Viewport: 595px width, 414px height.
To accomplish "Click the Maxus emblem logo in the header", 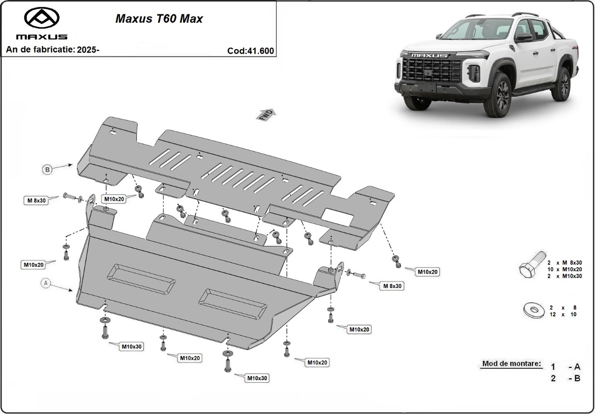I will pos(42,18).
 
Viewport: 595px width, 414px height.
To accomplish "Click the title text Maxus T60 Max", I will pos(159,19).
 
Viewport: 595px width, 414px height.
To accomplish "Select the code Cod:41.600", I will pos(250,50).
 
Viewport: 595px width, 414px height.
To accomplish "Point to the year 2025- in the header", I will pos(88,50).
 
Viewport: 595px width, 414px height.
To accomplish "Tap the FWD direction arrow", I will pos(266,114).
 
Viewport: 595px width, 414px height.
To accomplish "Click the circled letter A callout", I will pos(46,283).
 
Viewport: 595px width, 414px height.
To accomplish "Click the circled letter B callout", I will pos(47,170).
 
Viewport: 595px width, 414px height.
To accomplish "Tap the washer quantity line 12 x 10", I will pos(562,314).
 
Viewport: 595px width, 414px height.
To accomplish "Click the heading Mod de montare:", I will pos(511,363).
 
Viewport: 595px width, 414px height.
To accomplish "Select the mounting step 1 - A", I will pos(565,367).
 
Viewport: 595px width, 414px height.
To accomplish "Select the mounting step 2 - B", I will pos(565,378).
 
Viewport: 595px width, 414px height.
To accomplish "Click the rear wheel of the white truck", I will pos(562,84).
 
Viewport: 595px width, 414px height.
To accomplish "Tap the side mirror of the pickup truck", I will pos(524,38).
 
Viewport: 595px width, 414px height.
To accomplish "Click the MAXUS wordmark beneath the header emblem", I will pos(42,37).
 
